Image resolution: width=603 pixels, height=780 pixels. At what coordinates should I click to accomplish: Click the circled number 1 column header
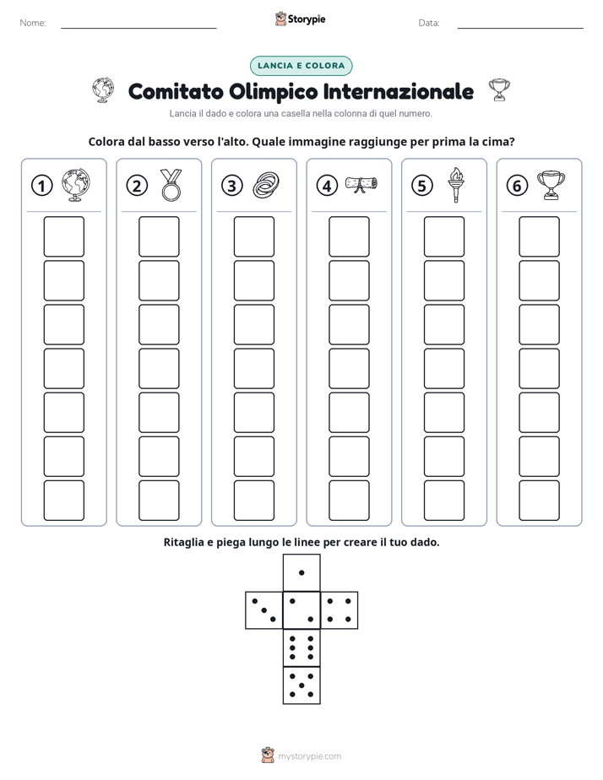point(41,186)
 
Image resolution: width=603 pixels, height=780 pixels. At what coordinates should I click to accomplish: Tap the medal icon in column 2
point(171,185)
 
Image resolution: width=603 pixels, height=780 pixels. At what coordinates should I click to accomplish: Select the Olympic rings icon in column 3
point(266,185)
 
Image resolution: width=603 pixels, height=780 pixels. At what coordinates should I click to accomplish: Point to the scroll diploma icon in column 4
point(361,184)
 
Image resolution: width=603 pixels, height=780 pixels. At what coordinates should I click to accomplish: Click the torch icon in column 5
point(456,185)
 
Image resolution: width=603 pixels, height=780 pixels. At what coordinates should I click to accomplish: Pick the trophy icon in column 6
point(551,185)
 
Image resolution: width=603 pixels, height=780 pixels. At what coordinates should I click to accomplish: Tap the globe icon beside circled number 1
point(76,185)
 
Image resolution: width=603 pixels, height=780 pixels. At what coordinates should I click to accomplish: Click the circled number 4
point(327,186)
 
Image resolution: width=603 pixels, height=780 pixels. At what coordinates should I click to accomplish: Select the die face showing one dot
point(301,573)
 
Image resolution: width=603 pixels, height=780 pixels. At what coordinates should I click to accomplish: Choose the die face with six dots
point(301,647)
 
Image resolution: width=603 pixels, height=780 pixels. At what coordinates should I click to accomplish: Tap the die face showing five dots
point(301,685)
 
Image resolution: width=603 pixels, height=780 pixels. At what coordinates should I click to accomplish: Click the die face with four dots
point(340,610)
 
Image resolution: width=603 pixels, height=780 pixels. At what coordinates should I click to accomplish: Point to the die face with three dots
point(264,610)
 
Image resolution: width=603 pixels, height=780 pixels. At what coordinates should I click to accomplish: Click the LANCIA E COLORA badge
point(301,66)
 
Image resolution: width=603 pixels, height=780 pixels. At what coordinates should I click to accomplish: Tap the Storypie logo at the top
point(300,19)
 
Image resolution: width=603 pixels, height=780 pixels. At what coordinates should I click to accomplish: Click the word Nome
point(33,23)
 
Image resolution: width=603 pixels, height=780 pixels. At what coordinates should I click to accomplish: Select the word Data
point(429,23)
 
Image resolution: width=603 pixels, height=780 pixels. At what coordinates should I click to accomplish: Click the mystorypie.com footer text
point(309,756)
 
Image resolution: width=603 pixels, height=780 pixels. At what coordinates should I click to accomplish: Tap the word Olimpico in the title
point(273,91)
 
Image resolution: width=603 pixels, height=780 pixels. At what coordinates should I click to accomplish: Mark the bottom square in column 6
point(539,501)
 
